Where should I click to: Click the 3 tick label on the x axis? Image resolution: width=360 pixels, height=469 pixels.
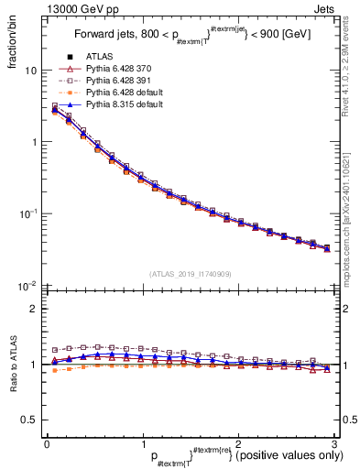335,443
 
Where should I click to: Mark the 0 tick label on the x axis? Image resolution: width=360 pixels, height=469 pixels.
47,443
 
